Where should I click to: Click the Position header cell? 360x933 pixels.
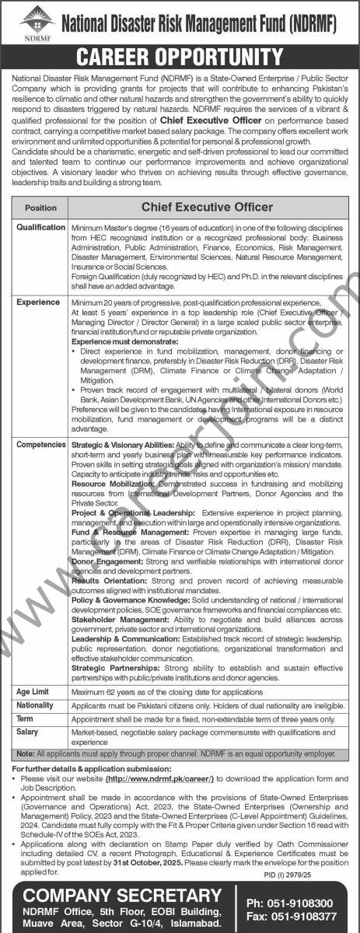(40, 208)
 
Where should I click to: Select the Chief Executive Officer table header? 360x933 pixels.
(206, 208)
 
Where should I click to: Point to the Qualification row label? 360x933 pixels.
(40, 228)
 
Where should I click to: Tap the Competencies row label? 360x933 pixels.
(40, 445)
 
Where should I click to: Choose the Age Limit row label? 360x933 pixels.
(35, 690)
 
